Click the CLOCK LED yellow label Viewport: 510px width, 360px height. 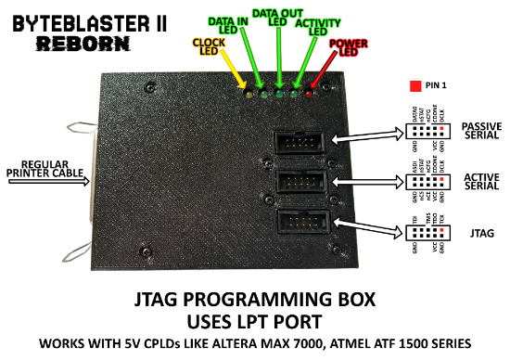click(x=209, y=46)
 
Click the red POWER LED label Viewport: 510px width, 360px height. click(x=348, y=47)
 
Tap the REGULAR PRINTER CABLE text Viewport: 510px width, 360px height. click(x=45, y=167)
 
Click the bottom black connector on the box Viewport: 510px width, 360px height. click(x=300, y=224)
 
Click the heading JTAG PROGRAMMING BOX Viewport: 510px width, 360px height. click(x=255, y=301)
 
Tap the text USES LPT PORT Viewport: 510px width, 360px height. click(x=255, y=321)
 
